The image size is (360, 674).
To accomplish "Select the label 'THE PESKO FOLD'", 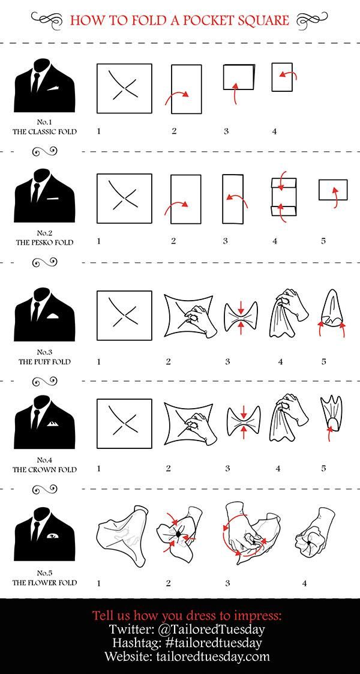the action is point(44,242).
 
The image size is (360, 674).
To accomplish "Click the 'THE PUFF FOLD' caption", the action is point(44,362).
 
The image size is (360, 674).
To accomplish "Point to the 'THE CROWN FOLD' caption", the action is point(44,469).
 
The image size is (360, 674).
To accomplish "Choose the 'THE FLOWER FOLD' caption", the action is point(44,583).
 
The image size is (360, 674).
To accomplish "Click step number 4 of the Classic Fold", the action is point(274,131).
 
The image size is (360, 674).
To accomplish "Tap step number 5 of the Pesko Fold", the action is point(323,241).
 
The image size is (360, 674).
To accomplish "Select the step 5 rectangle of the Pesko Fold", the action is point(333,190).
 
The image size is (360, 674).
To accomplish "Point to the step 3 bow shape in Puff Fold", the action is point(241,317).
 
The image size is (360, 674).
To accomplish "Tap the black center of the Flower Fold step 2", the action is point(177,534).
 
